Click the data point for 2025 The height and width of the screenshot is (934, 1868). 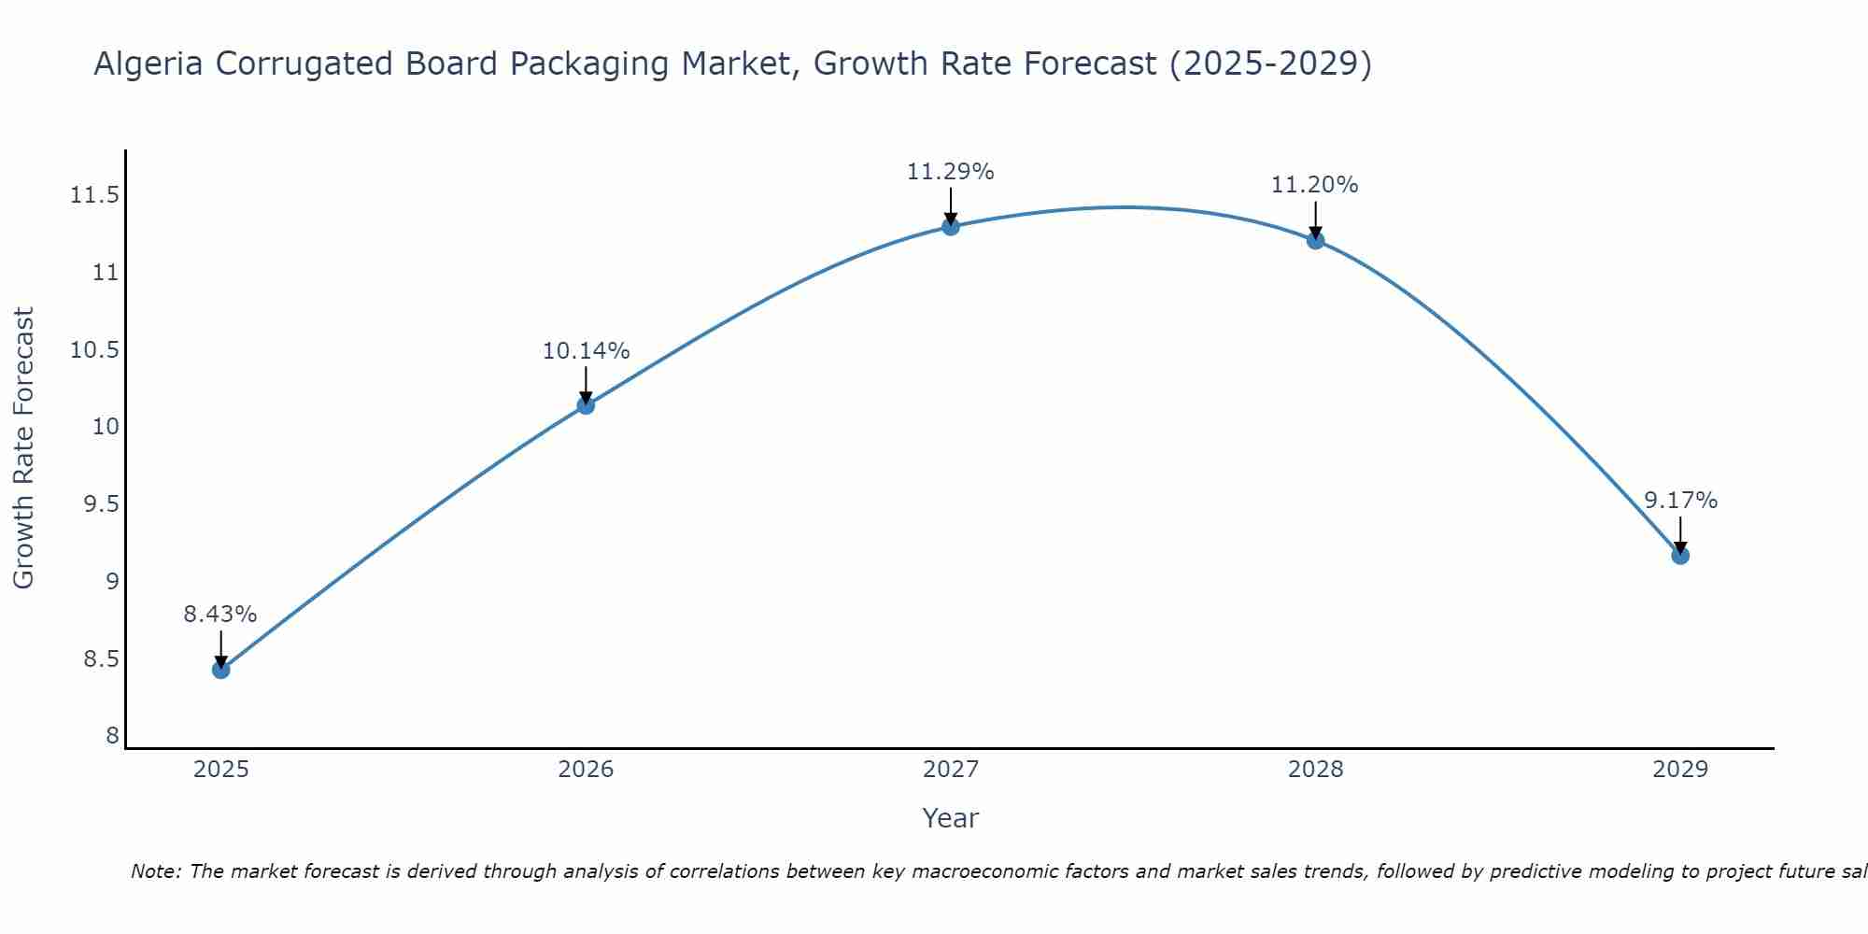(x=220, y=670)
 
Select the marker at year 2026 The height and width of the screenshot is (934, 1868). (x=586, y=405)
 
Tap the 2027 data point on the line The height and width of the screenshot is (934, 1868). (x=951, y=226)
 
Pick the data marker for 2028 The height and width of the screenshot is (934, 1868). (x=1315, y=240)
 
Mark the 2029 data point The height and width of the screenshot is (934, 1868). (x=1680, y=556)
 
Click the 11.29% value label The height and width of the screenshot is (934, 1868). (x=951, y=172)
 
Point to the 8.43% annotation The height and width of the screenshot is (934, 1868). (x=220, y=615)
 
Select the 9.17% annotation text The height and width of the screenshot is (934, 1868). (x=1680, y=501)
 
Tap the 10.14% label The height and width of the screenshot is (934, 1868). (x=586, y=351)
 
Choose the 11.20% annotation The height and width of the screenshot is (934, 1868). (x=1315, y=185)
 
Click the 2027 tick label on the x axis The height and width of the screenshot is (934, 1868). (x=951, y=770)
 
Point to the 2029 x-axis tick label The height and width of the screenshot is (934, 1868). (x=1680, y=770)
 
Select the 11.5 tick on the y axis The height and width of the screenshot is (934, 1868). (x=94, y=195)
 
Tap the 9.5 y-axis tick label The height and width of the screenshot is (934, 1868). (x=101, y=504)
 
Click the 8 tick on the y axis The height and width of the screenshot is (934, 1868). (x=113, y=736)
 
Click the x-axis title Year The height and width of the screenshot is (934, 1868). (x=951, y=818)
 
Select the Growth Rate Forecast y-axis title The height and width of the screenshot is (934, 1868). (x=23, y=448)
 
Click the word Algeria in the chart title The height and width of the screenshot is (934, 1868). (x=149, y=64)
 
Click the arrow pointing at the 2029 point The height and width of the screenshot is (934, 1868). (x=1680, y=534)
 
